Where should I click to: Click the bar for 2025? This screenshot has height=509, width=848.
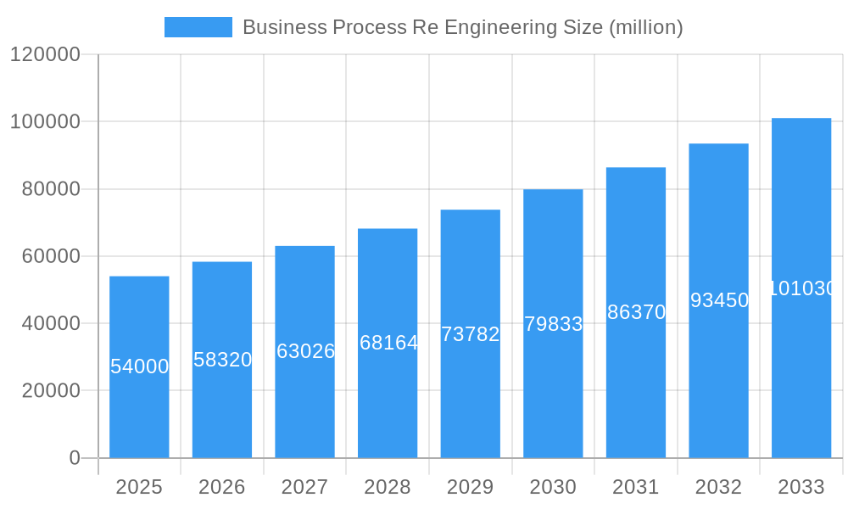(x=139, y=407)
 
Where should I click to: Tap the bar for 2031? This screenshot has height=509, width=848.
(x=636, y=382)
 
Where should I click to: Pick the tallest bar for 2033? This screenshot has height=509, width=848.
(x=801, y=373)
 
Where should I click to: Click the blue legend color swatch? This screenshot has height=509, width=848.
(x=198, y=27)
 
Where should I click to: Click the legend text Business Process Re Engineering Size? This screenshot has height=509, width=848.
(x=462, y=27)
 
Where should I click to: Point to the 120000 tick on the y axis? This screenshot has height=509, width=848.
(x=45, y=54)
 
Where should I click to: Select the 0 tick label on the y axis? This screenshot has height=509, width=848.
(x=74, y=458)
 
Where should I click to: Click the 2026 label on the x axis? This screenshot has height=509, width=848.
(x=222, y=487)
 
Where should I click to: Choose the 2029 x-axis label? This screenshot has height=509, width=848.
(x=470, y=487)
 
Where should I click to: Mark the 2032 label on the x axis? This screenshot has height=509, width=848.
(x=718, y=487)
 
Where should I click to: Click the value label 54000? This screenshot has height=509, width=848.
(x=139, y=366)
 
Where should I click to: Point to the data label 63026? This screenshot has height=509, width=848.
(x=305, y=351)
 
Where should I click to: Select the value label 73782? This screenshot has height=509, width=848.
(x=471, y=334)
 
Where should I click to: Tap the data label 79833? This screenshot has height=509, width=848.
(x=553, y=324)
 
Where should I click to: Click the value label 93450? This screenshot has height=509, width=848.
(x=719, y=300)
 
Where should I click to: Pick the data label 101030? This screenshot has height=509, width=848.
(x=801, y=288)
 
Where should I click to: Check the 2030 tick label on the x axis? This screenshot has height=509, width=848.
(x=553, y=487)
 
